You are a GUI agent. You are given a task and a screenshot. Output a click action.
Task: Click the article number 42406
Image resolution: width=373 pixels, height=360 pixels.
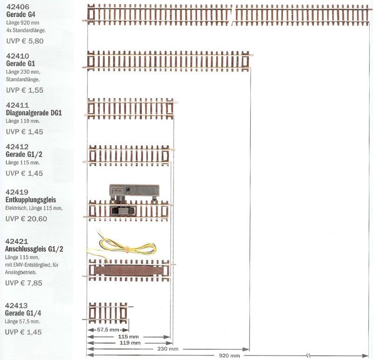[x=17, y=7]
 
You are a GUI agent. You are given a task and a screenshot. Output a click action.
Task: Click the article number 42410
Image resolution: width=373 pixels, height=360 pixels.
[x=17, y=56]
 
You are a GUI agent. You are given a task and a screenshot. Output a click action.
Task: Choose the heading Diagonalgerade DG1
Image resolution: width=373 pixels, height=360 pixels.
[x=34, y=113]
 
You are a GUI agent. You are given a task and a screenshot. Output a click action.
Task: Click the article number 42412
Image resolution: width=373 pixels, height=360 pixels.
[x=17, y=147]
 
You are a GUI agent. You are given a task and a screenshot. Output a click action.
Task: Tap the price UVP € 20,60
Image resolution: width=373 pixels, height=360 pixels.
[x=26, y=218]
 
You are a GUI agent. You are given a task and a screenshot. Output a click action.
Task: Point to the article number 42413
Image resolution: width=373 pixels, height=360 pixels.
[x=17, y=306]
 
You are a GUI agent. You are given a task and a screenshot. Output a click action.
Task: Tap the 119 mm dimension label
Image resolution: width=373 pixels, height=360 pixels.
[x=130, y=343]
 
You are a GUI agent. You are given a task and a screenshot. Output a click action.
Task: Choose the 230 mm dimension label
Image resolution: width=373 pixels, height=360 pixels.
[x=167, y=349]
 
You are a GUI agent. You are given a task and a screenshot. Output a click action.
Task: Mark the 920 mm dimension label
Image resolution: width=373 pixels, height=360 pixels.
[x=229, y=355]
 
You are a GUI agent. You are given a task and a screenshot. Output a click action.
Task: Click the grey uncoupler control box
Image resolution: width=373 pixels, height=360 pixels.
[x=134, y=190]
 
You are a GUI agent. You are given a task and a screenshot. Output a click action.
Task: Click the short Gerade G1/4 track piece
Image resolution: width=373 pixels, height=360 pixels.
[x=108, y=312]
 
